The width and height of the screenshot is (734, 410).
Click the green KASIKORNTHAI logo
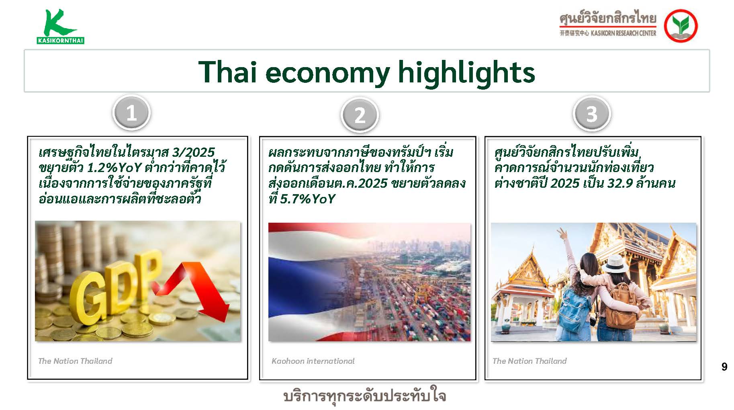pos(60,26)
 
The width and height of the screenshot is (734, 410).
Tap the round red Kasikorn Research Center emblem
pos(681,26)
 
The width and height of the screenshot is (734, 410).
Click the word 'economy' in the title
pos(327,73)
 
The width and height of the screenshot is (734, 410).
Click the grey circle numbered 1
pos(131,113)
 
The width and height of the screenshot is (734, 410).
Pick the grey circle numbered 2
pos(360,115)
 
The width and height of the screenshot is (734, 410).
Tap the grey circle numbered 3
pos(592,114)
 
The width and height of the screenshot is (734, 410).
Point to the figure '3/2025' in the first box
pos(193,152)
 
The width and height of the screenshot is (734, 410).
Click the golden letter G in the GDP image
pos(90,299)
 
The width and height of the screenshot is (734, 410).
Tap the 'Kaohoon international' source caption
pos(313,361)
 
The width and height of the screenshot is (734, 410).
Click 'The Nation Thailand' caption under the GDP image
pos(75,361)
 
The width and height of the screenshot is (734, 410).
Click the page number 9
pos(724,367)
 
